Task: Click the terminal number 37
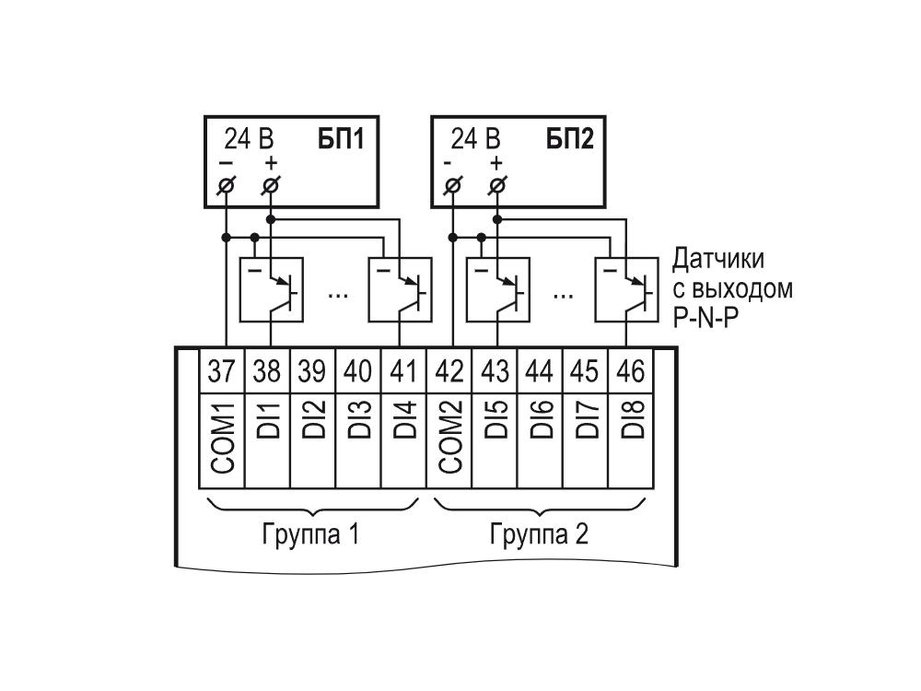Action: click(x=221, y=371)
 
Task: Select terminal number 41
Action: click(x=403, y=371)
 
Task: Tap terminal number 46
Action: click(x=631, y=371)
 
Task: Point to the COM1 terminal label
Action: click(x=223, y=438)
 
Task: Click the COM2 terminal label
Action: click(x=450, y=438)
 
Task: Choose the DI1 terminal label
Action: click(x=268, y=420)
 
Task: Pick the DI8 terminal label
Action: click(x=632, y=420)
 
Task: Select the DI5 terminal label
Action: click(x=495, y=420)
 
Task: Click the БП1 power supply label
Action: click(x=342, y=139)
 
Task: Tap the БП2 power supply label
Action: click(x=570, y=139)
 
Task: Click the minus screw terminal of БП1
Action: click(x=227, y=186)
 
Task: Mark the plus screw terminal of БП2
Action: click(x=497, y=186)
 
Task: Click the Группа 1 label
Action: click(x=310, y=534)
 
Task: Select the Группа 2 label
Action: click(x=539, y=534)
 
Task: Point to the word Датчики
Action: click(x=718, y=260)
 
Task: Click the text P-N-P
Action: click(x=705, y=318)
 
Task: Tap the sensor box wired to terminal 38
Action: click(x=272, y=289)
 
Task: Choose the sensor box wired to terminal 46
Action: click(x=626, y=289)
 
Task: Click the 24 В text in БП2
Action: click(x=476, y=139)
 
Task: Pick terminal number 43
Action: click(x=495, y=371)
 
